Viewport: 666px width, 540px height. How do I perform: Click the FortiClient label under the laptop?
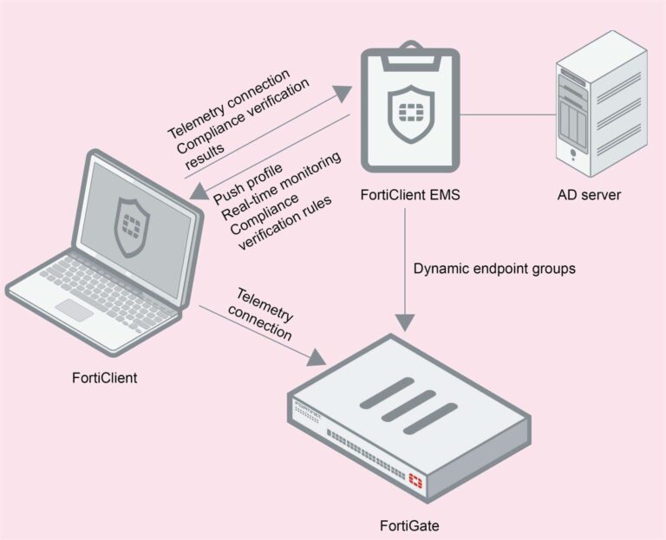[106, 379]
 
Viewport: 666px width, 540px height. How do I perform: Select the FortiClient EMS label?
[409, 195]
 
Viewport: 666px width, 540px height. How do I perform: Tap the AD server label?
[589, 195]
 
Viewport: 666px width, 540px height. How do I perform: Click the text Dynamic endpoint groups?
[494, 269]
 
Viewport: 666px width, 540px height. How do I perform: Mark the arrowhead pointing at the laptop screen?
[199, 192]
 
